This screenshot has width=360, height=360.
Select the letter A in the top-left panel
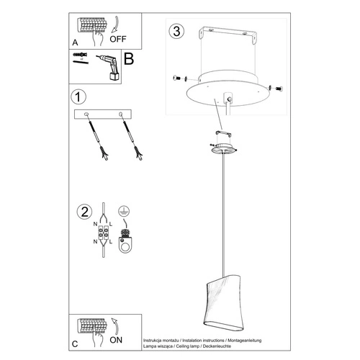[x=76, y=42]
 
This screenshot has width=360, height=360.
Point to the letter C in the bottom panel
[x=76, y=343]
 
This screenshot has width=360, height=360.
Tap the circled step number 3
[x=174, y=32]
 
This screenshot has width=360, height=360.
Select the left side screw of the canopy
[x=177, y=79]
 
